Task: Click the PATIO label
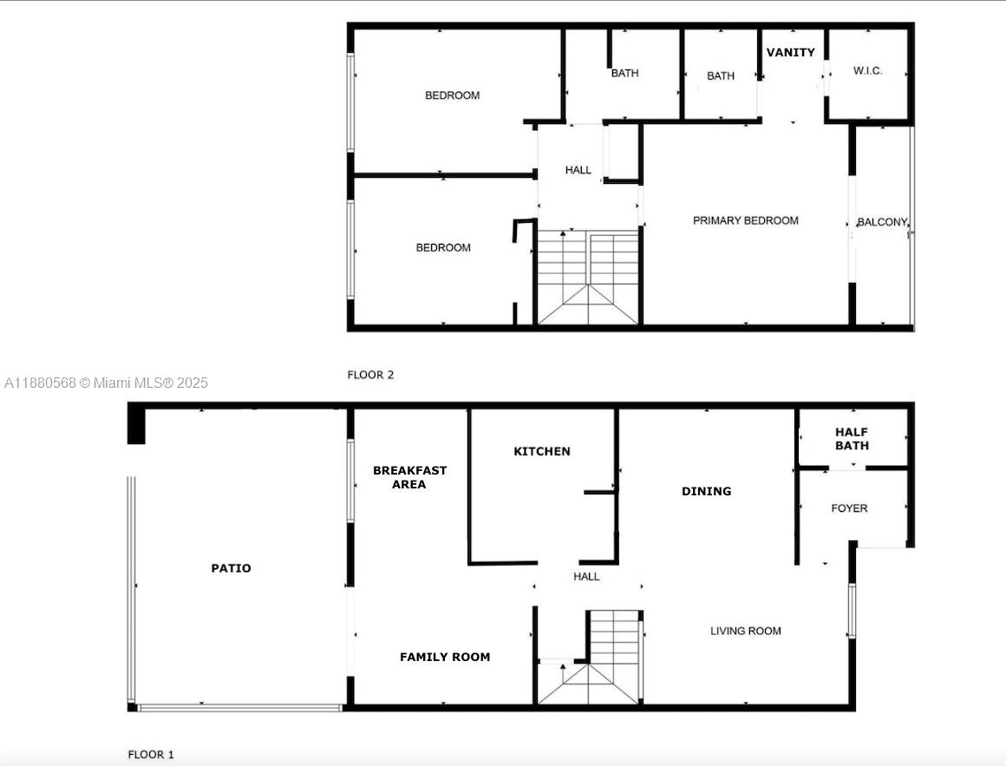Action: click(x=231, y=568)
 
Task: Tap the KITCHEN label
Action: click(x=542, y=451)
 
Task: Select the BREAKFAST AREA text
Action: click(x=409, y=477)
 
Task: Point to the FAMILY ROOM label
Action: click(x=445, y=657)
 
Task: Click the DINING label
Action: click(x=706, y=491)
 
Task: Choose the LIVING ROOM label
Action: click(x=745, y=631)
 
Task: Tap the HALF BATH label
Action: click(x=852, y=438)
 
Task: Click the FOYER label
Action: click(x=849, y=508)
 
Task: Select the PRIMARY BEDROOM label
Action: click(x=745, y=220)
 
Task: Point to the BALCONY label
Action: click(x=882, y=223)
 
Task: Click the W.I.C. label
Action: click(x=867, y=71)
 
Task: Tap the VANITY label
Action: click(x=790, y=52)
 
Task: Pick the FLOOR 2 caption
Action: click(x=370, y=375)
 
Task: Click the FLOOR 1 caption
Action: click(x=151, y=755)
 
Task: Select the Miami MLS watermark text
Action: click(x=106, y=383)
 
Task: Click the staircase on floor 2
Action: click(x=588, y=278)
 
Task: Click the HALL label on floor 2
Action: click(x=578, y=170)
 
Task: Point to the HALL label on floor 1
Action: click(x=586, y=576)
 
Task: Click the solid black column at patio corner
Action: click(x=136, y=425)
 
